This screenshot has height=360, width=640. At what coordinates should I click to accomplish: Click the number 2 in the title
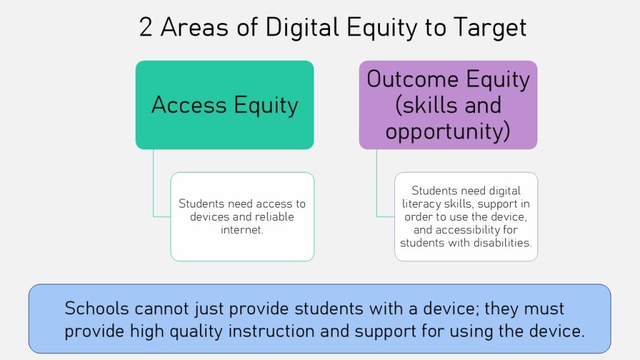146,27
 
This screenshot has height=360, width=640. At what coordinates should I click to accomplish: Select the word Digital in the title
302,27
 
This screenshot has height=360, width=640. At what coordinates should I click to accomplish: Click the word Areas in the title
194,27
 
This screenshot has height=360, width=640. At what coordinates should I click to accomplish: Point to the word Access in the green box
189,105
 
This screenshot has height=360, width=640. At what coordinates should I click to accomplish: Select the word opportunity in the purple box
447,131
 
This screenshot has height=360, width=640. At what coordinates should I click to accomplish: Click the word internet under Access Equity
242,230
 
